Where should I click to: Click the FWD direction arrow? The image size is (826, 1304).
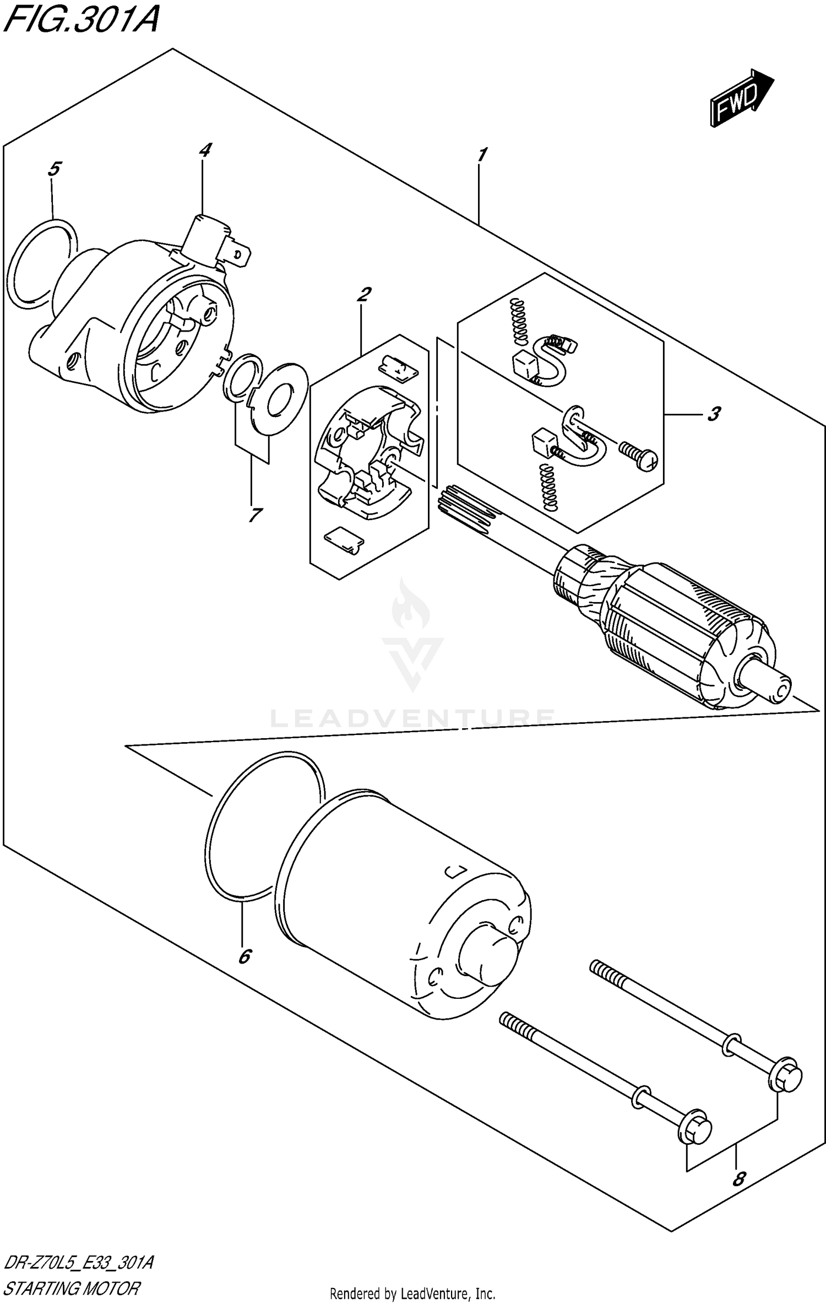(x=741, y=99)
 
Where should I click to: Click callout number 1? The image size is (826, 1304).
(x=482, y=155)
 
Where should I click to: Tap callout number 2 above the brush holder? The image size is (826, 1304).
(x=363, y=295)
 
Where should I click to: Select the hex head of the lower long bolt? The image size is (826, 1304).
(x=696, y=1130)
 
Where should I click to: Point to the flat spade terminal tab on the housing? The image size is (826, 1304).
(x=240, y=256)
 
